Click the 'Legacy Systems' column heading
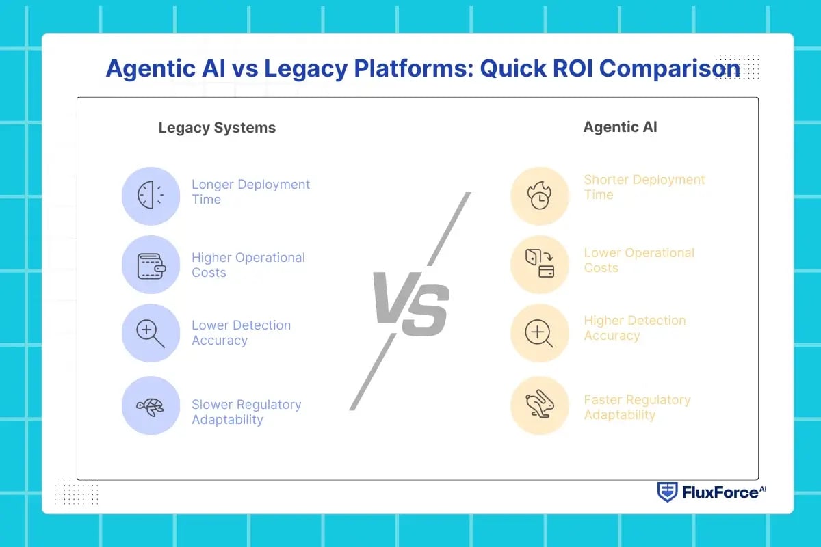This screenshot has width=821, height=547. click(x=217, y=128)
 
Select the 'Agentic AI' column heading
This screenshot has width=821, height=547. click(x=620, y=127)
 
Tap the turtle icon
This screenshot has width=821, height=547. click(x=151, y=406)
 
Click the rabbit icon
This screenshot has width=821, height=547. click(x=540, y=406)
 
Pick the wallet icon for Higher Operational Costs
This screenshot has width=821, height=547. click(x=151, y=265)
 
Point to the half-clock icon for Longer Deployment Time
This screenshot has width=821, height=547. click(x=151, y=196)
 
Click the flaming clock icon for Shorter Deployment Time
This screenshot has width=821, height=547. click(x=540, y=196)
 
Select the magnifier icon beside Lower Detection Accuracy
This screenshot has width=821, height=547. click(x=151, y=333)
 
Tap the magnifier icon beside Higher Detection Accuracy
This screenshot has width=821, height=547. click(x=540, y=333)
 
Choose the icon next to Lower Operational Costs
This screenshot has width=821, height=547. click(x=540, y=265)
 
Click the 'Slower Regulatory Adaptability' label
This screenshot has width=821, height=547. click(x=246, y=412)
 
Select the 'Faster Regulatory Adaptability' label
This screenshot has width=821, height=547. click(x=637, y=408)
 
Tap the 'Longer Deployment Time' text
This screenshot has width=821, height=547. click(x=250, y=192)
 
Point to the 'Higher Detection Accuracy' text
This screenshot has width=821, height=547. click(x=634, y=328)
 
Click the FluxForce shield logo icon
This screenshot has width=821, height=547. click(x=667, y=492)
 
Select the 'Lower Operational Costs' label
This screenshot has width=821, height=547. click(x=639, y=261)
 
